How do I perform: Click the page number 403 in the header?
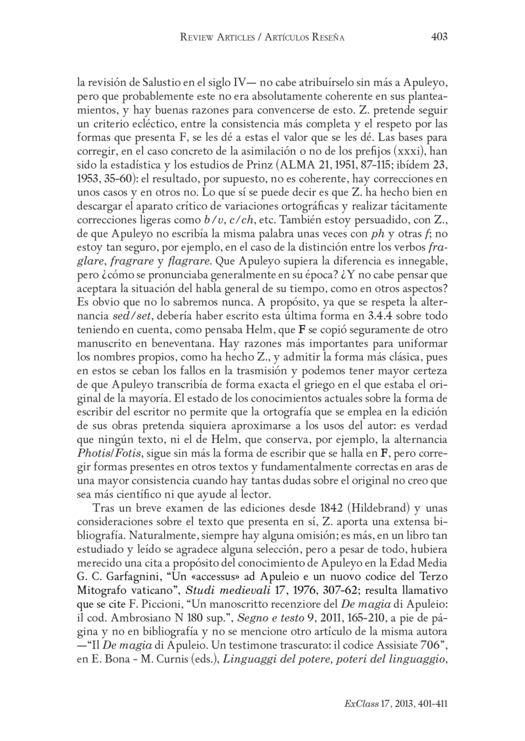(x=439, y=37)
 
